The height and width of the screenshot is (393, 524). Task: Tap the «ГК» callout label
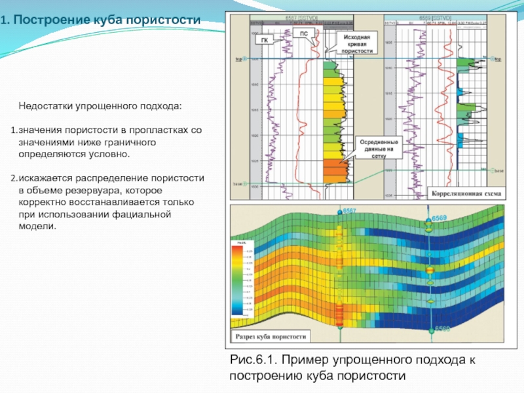[x=265, y=41]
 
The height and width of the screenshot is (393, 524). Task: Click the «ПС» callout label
[x=303, y=33]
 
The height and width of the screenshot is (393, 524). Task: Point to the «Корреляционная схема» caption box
[x=465, y=194]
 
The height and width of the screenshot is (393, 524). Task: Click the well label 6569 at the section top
[x=440, y=217]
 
